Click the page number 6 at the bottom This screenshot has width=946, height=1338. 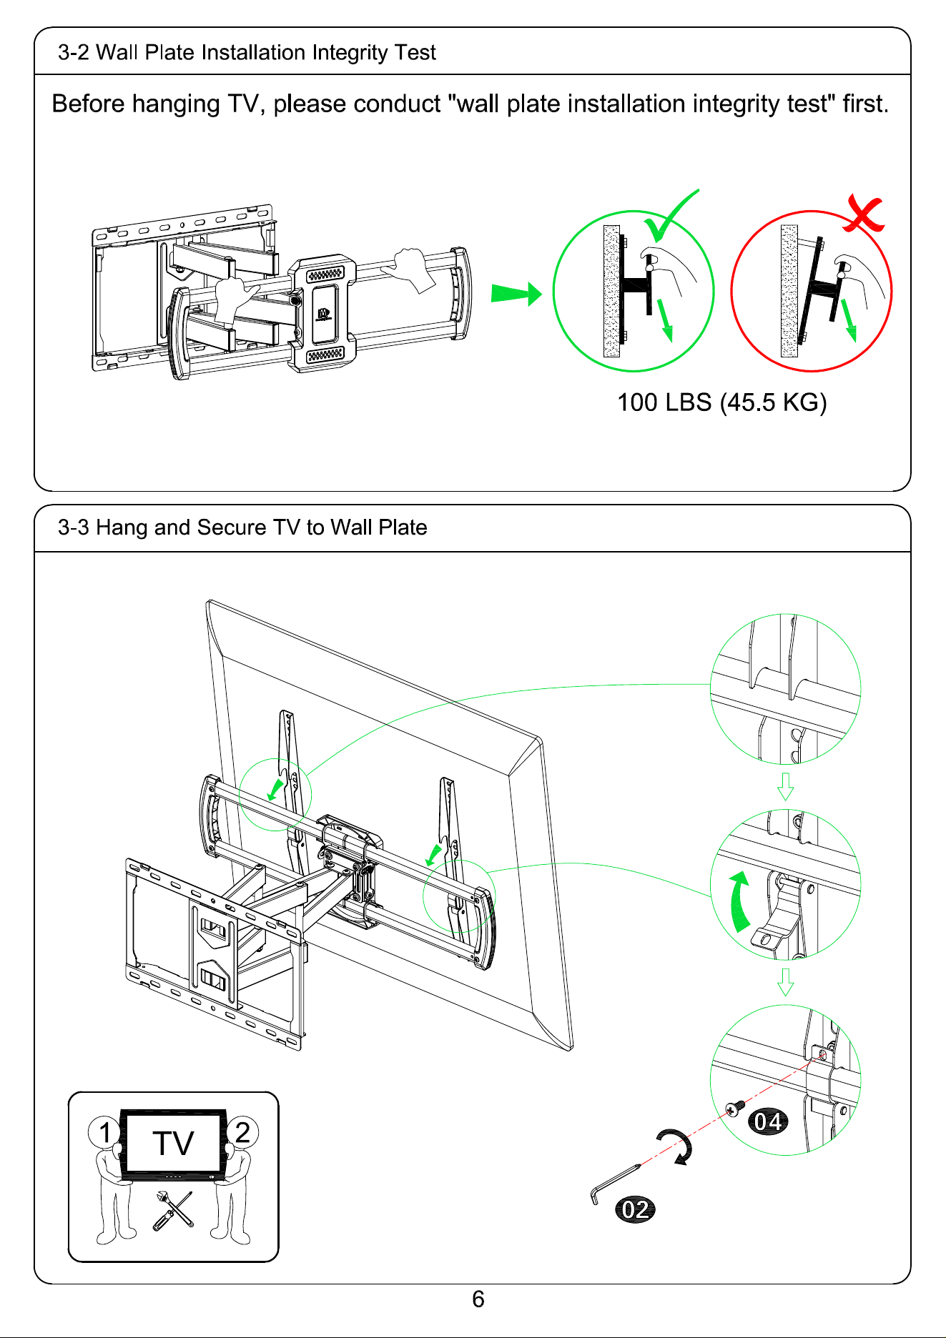point(478,1299)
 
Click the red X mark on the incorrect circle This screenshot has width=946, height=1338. point(863,213)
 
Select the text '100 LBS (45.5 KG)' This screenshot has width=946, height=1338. point(721,402)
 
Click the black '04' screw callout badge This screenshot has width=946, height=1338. point(767,1121)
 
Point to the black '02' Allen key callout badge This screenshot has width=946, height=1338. point(635,1209)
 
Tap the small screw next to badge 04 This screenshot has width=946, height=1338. point(735,1109)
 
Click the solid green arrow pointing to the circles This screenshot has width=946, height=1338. point(516,294)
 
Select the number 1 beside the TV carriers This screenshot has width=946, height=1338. point(105,1133)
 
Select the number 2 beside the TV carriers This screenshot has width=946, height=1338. point(242,1133)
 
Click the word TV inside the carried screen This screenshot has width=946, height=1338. point(173,1144)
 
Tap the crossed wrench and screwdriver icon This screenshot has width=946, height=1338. point(172,1210)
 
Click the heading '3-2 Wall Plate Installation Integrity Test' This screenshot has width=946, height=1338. point(247,53)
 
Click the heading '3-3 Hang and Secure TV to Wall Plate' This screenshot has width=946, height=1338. point(242,527)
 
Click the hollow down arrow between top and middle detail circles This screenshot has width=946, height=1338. point(785,786)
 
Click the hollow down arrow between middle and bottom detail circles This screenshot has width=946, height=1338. point(785,982)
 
